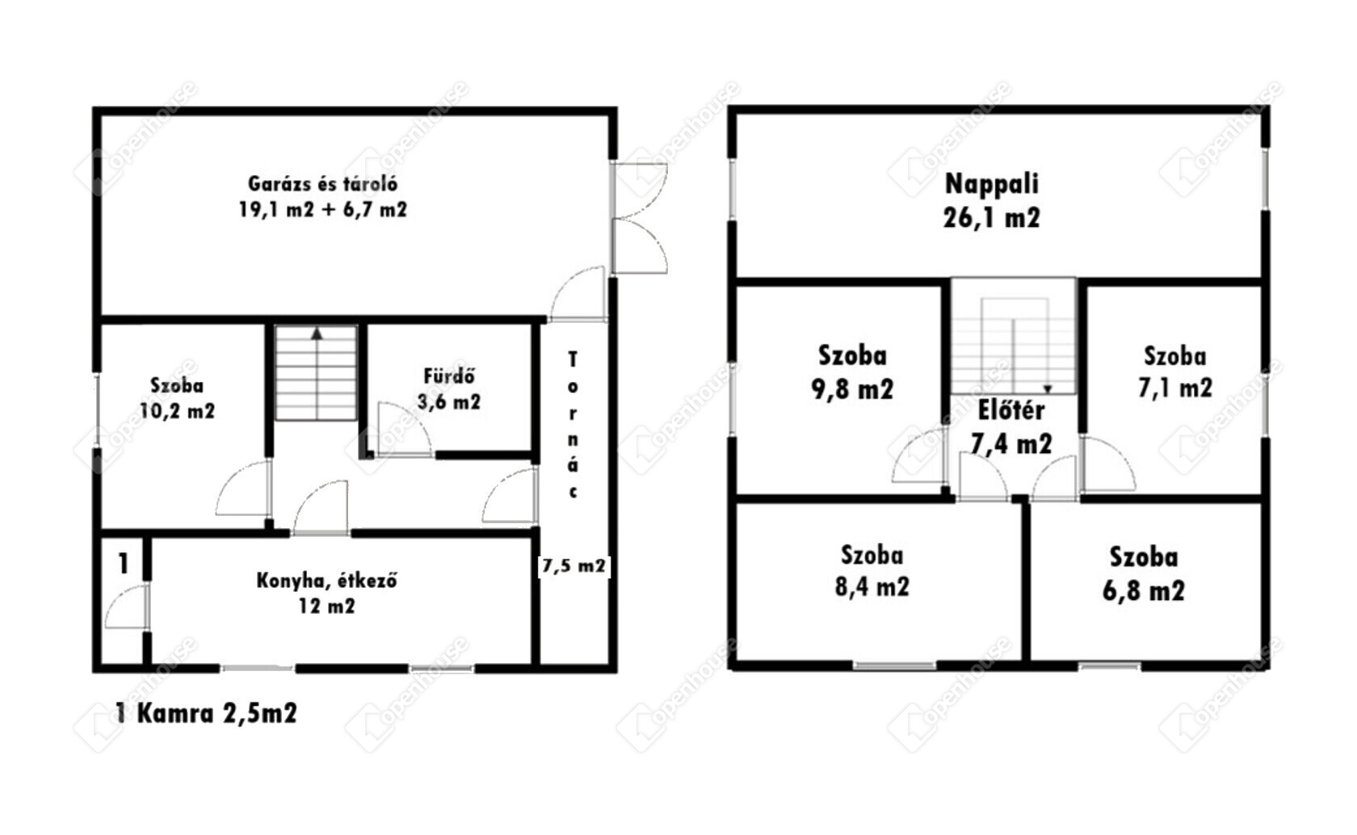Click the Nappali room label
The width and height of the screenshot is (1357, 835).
(x=992, y=184)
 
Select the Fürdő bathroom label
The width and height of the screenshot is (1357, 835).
(x=449, y=376)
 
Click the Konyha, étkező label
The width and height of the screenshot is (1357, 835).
(x=326, y=581)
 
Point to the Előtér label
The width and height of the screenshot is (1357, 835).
(x=1011, y=410)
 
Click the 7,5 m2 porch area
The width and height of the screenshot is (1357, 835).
(x=573, y=566)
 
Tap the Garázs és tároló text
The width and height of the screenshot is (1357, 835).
(x=323, y=183)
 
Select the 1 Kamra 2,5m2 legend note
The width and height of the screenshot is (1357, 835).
(x=206, y=713)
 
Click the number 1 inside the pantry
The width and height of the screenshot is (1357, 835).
(x=124, y=564)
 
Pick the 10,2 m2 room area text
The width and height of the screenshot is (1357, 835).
(x=177, y=411)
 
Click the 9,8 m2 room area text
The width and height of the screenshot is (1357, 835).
(x=852, y=389)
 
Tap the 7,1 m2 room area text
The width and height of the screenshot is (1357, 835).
(x=1175, y=388)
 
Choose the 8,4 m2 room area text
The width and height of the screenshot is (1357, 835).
(x=872, y=587)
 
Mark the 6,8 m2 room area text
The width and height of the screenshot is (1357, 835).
(x=1144, y=590)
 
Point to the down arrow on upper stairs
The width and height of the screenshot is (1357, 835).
(x=1048, y=389)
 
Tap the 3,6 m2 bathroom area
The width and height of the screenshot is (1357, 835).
(x=449, y=402)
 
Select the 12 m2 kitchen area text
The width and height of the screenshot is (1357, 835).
(x=326, y=606)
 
